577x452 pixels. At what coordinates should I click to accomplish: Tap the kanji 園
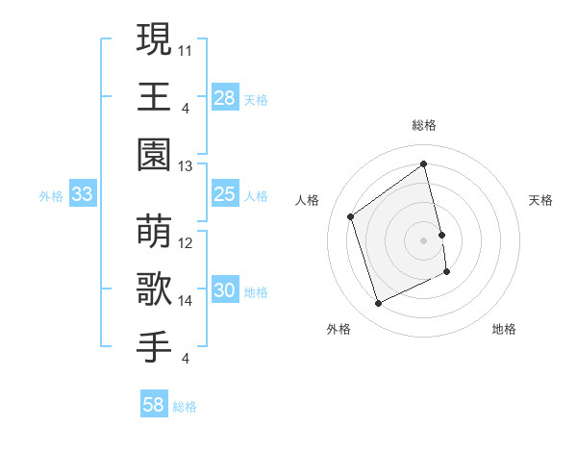155,154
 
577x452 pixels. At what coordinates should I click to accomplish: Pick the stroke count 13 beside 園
186,166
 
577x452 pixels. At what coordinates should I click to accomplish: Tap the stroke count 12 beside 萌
186,243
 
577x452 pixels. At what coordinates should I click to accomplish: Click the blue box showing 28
224,98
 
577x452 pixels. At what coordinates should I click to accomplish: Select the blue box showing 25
224,194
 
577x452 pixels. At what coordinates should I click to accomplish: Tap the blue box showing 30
224,291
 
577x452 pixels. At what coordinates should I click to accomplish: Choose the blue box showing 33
82,194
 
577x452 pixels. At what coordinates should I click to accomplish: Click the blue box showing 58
154,405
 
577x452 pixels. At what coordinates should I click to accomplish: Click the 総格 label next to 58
185,407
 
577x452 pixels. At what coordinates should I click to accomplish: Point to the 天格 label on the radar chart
540,200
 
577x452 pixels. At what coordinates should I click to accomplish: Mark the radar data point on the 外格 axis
378,304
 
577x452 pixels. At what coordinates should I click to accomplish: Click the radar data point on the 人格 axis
350,216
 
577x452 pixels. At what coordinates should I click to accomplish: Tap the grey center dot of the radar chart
423,239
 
